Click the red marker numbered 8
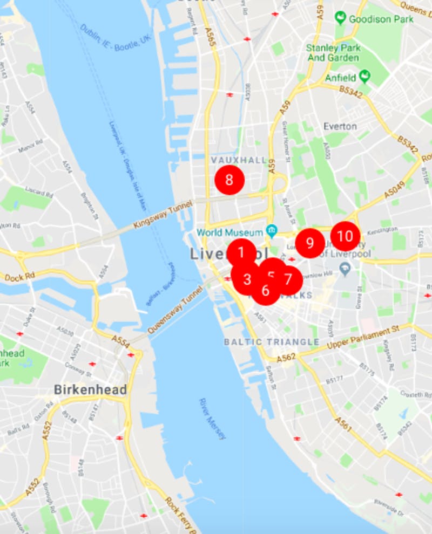[230, 180]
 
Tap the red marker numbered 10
[345, 236]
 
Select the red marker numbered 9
[309, 243]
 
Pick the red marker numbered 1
[241, 251]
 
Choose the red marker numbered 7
[288, 279]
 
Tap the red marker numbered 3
[247, 279]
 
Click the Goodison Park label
[381, 19]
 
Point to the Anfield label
[340, 78]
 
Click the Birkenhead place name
[90, 389]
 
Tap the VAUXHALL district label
[239, 160]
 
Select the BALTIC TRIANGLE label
[271, 342]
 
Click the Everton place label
[340, 126]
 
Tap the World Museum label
[230, 232]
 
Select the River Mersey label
[212, 419]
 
